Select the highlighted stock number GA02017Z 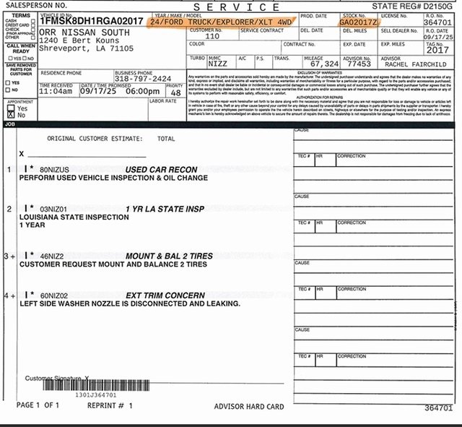tap(357, 22)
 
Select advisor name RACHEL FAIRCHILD tap(415, 64)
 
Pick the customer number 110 tap(212, 35)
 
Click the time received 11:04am tap(55, 92)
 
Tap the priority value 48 tap(175, 92)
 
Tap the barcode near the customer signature tap(97, 386)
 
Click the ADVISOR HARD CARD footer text tap(248, 406)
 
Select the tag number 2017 tap(437, 50)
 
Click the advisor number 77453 tap(358, 64)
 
